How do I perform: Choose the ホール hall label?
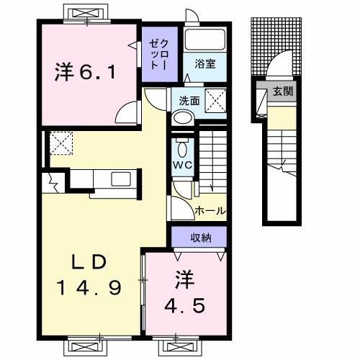[x=211, y=211]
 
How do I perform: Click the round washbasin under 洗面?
[x=183, y=117]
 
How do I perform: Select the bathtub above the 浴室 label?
[x=205, y=40]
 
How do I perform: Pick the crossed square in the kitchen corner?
[x=59, y=143]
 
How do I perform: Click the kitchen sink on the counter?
[x=120, y=180]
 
